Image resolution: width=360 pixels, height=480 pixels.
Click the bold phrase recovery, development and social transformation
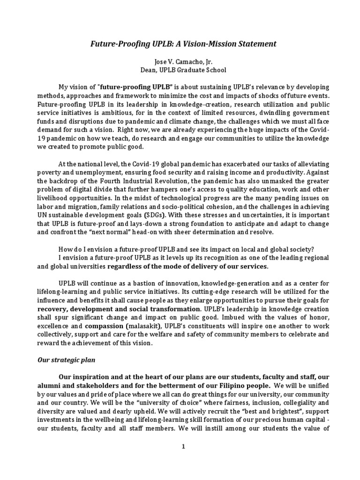point(119,309)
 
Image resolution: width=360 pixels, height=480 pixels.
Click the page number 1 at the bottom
point(184,447)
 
